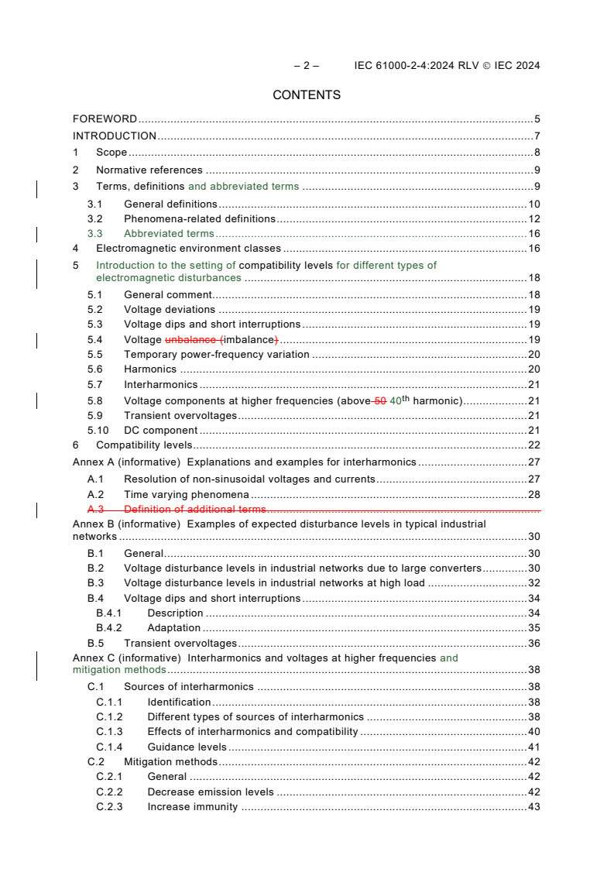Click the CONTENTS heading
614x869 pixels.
(x=307, y=95)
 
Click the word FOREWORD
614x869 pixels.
(x=105, y=119)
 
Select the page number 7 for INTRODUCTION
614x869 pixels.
(x=537, y=136)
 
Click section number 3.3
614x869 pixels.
(x=94, y=234)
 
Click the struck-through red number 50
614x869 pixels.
(x=379, y=400)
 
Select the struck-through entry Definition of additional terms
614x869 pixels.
(x=194, y=510)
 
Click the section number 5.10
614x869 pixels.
(x=98, y=431)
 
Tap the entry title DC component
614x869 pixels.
(x=160, y=431)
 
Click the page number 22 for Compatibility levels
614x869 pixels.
(x=533, y=445)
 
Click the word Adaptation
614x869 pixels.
(x=173, y=628)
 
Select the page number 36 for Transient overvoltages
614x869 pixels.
(x=533, y=644)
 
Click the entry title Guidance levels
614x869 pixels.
(x=187, y=747)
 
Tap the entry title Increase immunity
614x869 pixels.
(x=192, y=808)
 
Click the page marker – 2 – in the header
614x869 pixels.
(x=307, y=66)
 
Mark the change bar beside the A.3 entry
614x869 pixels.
(x=38, y=510)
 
